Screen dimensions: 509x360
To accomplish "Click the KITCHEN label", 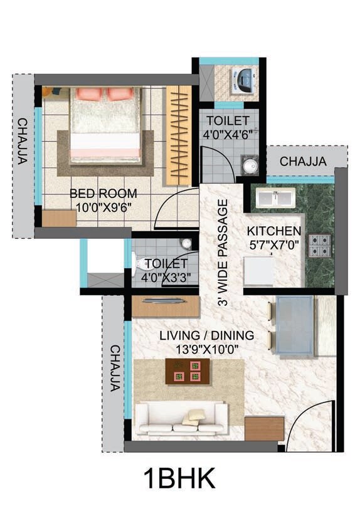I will coord(273,230).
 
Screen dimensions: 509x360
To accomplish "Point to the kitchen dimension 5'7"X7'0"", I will coord(273,243).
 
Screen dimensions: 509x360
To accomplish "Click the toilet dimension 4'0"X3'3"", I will coord(167,276).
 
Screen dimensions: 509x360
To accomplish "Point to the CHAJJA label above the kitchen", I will coord(303,162).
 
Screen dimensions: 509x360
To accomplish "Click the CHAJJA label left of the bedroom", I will coord(22,140).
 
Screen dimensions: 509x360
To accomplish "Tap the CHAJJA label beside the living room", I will coord(114,368).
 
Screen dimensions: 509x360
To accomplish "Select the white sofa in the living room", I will coord(181,419).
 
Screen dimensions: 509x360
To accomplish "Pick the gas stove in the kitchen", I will coord(320,245).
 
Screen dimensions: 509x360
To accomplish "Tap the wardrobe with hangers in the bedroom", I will coord(178,135).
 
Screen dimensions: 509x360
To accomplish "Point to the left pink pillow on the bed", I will coord(90,94).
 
